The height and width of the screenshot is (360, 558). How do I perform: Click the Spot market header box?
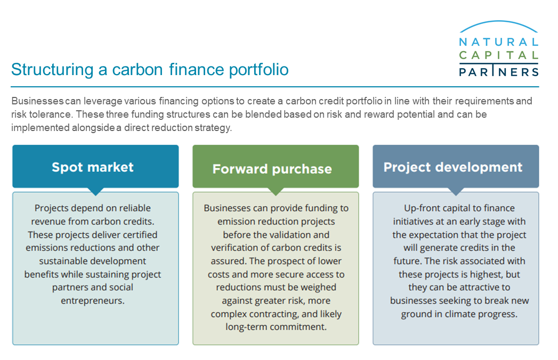click(95, 166)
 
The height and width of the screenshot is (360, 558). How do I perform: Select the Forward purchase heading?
click(272, 169)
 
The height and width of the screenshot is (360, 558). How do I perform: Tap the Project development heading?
click(452, 167)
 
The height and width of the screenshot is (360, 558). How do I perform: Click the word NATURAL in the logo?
click(498, 42)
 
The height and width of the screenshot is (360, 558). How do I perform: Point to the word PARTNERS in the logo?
click(498, 72)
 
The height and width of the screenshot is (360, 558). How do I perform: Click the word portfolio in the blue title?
click(258, 70)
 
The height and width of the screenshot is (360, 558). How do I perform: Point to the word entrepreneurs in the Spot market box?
click(93, 301)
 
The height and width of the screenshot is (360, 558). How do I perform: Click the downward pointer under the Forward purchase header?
click(276, 191)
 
